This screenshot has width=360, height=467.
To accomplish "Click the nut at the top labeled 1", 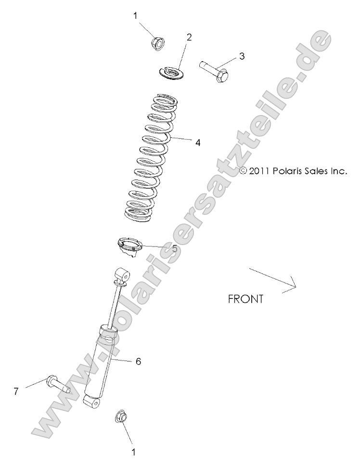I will click(x=157, y=43).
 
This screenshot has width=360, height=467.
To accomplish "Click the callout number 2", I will click(x=189, y=38).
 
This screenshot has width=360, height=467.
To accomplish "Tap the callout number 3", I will click(x=242, y=56).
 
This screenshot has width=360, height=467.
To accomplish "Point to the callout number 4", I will click(x=197, y=143).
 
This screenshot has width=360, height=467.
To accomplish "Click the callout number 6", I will click(x=138, y=361).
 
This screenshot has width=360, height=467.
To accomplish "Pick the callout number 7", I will click(x=16, y=391).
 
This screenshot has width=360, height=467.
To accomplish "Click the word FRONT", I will click(x=245, y=299).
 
